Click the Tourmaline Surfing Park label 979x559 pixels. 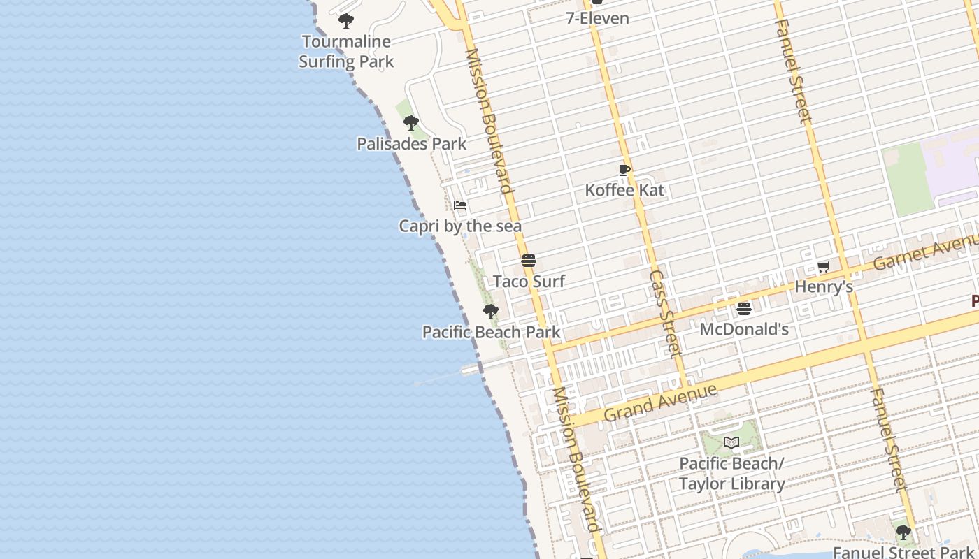pyautogui.click(x=346, y=52)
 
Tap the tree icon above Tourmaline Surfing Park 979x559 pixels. pyautogui.click(x=346, y=21)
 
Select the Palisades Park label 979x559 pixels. pyautogui.click(x=411, y=144)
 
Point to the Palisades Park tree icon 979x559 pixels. pyautogui.click(x=411, y=123)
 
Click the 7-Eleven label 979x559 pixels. pyautogui.click(x=597, y=18)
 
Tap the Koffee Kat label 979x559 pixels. pyautogui.click(x=624, y=190)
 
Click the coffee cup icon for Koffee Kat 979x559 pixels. pyautogui.click(x=624, y=170)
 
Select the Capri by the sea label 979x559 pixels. pyautogui.click(x=460, y=226)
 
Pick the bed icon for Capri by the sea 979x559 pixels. pyautogui.click(x=460, y=205)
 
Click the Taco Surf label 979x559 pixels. pyautogui.click(x=529, y=282)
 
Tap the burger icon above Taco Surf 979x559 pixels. pyautogui.click(x=529, y=261)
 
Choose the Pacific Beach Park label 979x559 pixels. pyautogui.click(x=491, y=332)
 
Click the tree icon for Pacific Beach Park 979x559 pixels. pyautogui.click(x=491, y=311)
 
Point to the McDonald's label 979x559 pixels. pyautogui.click(x=744, y=329)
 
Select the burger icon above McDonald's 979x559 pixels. pyautogui.click(x=744, y=308)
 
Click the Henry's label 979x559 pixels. pyautogui.click(x=824, y=287)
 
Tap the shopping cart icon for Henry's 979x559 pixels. pyautogui.click(x=824, y=266)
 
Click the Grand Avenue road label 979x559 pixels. pyautogui.click(x=660, y=402)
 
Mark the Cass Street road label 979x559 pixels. pyautogui.click(x=665, y=314)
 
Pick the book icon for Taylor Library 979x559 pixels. pyautogui.click(x=731, y=442)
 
